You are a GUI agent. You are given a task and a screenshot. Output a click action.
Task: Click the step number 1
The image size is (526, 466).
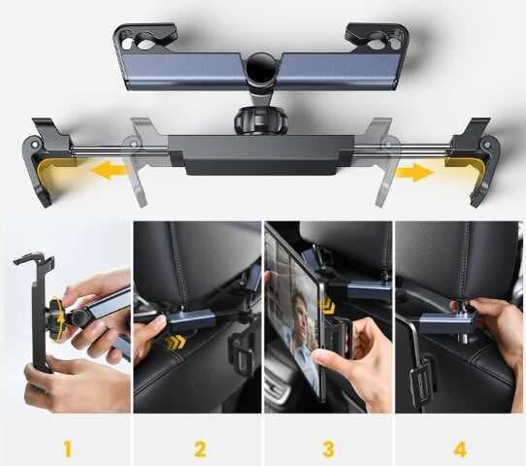[68, 449]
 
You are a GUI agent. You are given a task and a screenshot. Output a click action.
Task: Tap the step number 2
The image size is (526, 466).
[200, 449]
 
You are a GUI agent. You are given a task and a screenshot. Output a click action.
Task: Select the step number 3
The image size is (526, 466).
[330, 449]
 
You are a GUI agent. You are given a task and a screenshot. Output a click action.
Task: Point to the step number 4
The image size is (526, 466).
[460, 449]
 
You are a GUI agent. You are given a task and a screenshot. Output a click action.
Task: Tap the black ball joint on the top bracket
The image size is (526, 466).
[260, 71]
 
